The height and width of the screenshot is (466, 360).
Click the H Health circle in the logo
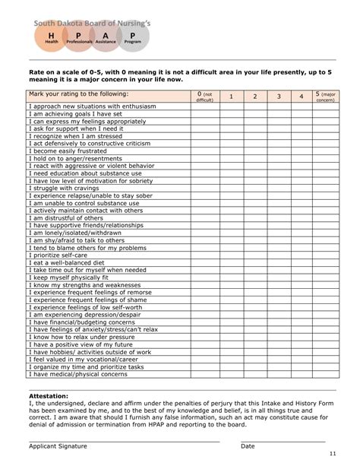(50, 39)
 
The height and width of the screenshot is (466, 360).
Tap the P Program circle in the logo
(133, 39)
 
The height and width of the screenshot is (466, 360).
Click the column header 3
(279, 97)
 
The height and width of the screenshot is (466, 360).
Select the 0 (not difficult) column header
(204, 97)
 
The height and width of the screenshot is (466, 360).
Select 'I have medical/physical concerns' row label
(77, 374)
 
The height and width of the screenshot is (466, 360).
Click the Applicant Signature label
(58, 446)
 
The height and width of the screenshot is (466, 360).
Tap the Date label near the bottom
(248, 446)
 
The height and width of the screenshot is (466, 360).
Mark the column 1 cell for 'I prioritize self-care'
(232, 255)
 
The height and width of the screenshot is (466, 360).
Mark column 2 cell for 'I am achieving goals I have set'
(256, 113)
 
